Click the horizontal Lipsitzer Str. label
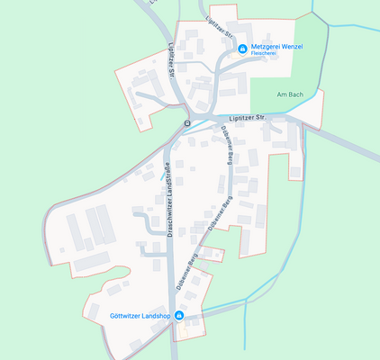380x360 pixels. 249,117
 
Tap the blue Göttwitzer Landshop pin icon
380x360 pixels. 179,316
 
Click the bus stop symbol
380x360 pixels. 186,122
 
